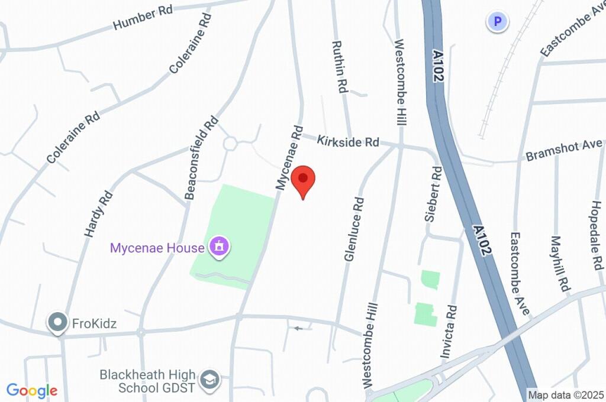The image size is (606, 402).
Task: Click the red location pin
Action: [x=304, y=180]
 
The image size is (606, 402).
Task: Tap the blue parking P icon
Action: [x=497, y=22]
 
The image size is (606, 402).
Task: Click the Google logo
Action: [x=32, y=390]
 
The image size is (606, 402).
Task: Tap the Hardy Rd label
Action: [x=98, y=213]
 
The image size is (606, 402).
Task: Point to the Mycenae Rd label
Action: [x=289, y=157]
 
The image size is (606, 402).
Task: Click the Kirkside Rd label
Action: [x=348, y=141]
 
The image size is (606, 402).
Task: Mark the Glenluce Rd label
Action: [x=353, y=229]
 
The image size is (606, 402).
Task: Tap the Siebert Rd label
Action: [x=433, y=194]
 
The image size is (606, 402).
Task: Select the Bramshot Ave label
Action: [x=564, y=151]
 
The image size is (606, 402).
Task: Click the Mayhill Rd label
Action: [x=559, y=264]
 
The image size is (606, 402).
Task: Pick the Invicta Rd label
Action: [x=449, y=332]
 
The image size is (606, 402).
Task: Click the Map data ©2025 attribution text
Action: [x=566, y=395]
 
